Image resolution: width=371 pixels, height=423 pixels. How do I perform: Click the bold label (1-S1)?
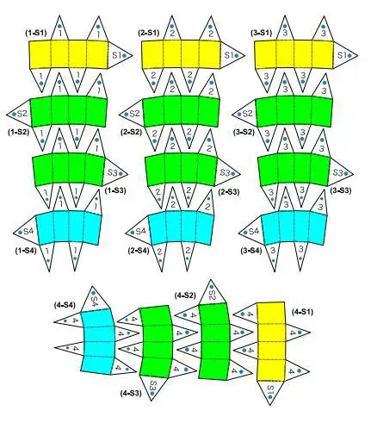(x=36, y=33)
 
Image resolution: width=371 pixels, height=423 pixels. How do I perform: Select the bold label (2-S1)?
(x=148, y=33)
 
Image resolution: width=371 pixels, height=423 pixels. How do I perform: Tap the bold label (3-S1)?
(x=261, y=33)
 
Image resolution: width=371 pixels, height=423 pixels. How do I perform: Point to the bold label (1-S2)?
(x=19, y=133)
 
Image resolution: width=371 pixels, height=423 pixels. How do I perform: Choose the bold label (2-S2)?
(x=132, y=133)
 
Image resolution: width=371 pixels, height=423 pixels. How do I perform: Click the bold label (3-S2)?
(x=244, y=133)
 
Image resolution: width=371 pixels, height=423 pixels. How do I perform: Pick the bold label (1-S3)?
(x=115, y=190)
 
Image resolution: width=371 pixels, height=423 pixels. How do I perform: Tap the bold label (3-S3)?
(x=341, y=190)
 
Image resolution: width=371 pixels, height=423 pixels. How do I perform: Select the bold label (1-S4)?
(x=26, y=251)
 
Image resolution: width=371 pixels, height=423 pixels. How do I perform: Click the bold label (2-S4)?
(x=139, y=251)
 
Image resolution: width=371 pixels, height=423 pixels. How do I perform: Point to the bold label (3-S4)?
(x=251, y=251)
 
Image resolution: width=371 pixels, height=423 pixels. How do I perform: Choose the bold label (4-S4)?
(x=65, y=305)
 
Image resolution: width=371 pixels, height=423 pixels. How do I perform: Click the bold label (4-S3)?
(x=131, y=393)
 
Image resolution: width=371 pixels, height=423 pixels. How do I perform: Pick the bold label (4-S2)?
(x=186, y=295)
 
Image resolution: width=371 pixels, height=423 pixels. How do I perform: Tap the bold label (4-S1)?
(x=302, y=312)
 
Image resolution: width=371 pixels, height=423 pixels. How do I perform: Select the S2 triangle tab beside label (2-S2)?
(x=131, y=114)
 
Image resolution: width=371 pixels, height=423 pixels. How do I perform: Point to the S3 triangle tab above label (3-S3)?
(x=340, y=172)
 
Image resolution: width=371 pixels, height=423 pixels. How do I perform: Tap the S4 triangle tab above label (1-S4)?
(x=26, y=231)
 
